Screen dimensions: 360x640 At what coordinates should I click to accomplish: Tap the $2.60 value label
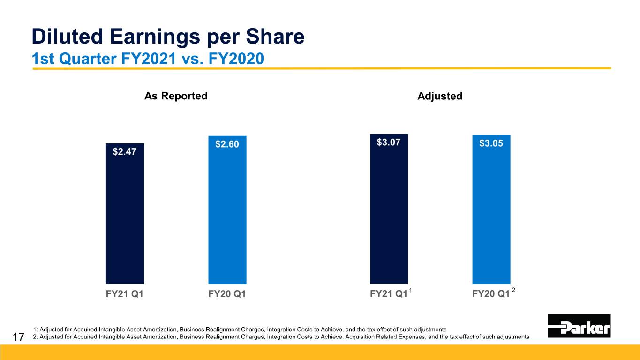click(x=227, y=144)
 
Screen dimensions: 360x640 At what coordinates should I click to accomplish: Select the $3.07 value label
click(x=389, y=142)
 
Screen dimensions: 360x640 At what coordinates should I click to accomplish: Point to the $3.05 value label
click(x=491, y=144)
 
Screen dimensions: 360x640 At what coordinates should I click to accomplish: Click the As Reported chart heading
click(x=176, y=96)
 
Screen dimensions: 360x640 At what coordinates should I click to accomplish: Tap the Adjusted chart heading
click(x=440, y=96)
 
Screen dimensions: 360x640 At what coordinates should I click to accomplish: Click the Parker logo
click(x=579, y=325)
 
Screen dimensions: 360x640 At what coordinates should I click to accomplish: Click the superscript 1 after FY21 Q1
click(x=410, y=291)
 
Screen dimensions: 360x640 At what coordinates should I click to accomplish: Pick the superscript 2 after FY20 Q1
click(x=513, y=291)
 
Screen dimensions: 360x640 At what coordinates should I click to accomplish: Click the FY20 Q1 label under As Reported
click(x=227, y=295)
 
